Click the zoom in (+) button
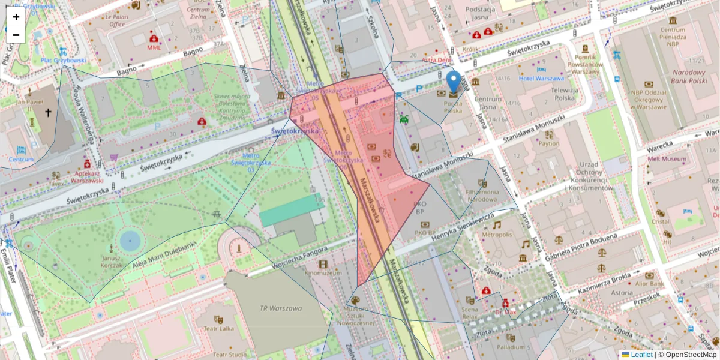[x=16, y=16]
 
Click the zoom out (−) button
[x=16, y=35]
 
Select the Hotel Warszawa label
[x=541, y=79]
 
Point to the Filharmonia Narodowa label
[x=482, y=196]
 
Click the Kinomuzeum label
[x=323, y=273]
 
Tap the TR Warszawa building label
[x=280, y=309]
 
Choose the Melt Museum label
[x=667, y=159]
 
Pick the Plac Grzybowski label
[x=63, y=60]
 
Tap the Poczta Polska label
[x=453, y=106]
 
